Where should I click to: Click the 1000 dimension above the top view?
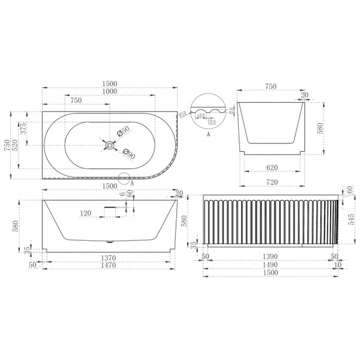pyautogui.click(x=109, y=91)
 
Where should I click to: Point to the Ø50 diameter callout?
pyautogui.click(x=124, y=133)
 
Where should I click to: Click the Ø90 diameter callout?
pyautogui.click(x=128, y=152)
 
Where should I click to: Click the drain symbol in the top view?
pyautogui.click(x=109, y=144)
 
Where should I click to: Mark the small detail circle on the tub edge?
pyautogui.click(x=125, y=178)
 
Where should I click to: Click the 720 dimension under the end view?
pyautogui.click(x=272, y=181)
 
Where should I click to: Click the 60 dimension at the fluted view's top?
pyautogui.click(x=350, y=190)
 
